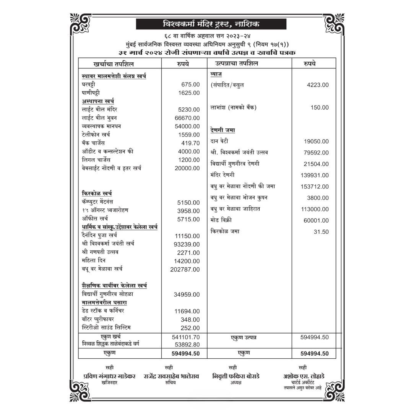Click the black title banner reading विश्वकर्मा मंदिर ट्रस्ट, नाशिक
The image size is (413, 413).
[206, 24]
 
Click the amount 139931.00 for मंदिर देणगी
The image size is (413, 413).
[315, 175]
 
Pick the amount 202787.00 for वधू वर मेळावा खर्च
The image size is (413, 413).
[185, 270]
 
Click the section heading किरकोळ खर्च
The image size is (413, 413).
[97, 193]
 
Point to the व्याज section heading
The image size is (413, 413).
[216, 73]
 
